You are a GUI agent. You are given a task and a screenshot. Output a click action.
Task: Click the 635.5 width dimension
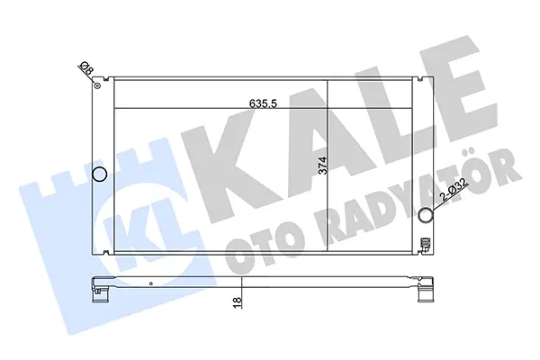tap(263, 103)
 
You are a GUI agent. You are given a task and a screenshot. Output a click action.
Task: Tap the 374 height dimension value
tap(322, 166)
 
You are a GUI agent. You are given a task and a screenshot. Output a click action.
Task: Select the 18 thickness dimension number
tap(238, 302)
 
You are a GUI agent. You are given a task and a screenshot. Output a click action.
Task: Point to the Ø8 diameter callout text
tap(86, 67)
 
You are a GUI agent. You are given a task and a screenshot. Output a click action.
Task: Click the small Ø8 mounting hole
tap(97, 85)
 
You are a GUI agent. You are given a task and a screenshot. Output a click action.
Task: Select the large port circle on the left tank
tap(100, 174)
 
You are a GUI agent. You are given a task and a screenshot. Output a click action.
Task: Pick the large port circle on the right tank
tap(426, 215)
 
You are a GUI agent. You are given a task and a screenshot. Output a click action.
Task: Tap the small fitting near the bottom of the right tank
tap(426, 245)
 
